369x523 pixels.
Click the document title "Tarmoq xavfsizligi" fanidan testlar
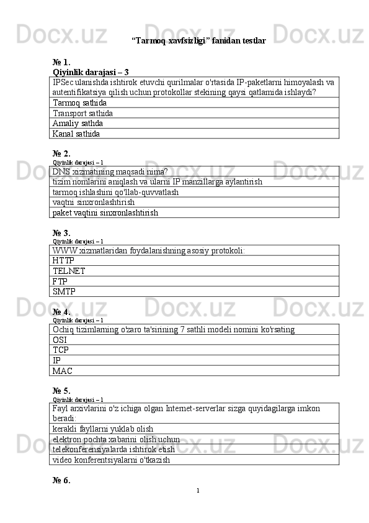point(198,41)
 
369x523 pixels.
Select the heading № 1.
point(61,62)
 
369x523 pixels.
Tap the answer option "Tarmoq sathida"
point(79,102)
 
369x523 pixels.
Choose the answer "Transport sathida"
point(83,113)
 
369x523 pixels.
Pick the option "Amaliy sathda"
point(78,123)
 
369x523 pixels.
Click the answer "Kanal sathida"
point(76,133)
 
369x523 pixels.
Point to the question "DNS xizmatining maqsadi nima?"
point(110,171)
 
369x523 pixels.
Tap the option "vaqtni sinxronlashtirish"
point(94,202)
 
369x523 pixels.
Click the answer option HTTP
point(64,261)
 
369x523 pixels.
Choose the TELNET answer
point(69,271)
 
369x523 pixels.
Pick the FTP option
point(60,281)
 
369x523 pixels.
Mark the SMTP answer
point(64,291)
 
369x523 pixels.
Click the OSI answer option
point(60,340)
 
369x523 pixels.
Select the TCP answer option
point(61,350)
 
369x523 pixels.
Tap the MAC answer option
point(62,371)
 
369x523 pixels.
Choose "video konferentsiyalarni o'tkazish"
point(112,460)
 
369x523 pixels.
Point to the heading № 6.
point(61,480)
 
